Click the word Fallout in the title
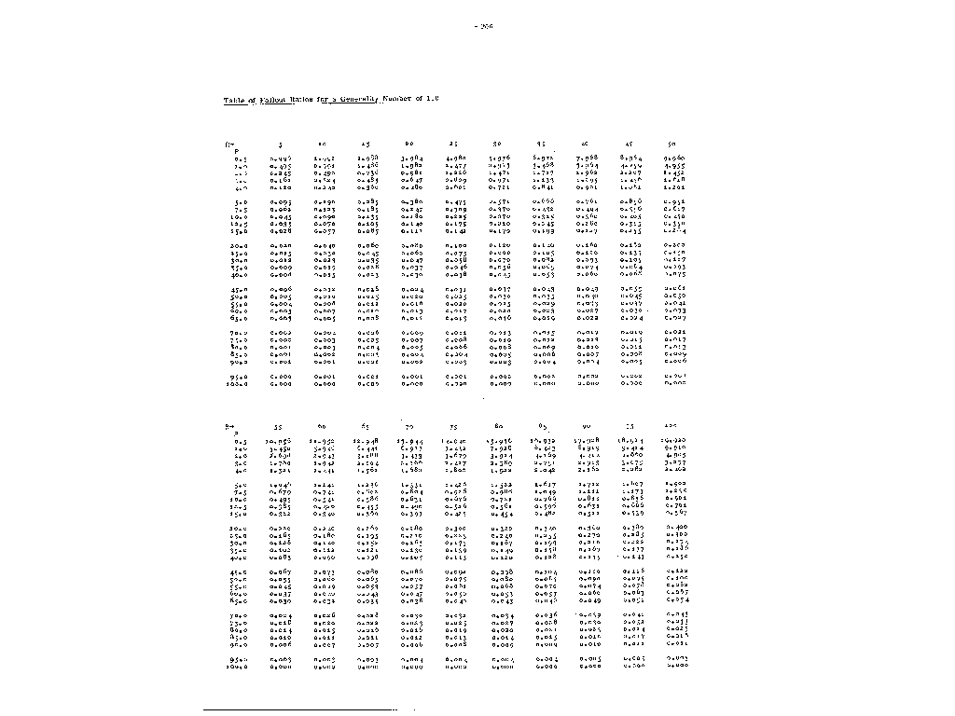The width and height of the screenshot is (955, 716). (x=273, y=99)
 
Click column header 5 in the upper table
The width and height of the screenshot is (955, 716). (x=279, y=145)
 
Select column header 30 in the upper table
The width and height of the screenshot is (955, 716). (x=498, y=145)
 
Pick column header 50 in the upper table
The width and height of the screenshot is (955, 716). (x=673, y=145)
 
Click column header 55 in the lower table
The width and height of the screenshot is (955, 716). (x=279, y=426)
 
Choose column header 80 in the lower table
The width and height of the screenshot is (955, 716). (x=498, y=426)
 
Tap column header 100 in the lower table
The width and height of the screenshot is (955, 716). (x=674, y=426)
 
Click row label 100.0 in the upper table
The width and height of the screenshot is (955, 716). (x=235, y=383)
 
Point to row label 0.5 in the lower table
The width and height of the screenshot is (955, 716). (x=237, y=441)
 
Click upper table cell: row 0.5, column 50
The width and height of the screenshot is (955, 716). (x=673, y=159)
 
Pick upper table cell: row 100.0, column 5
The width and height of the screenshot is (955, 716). (x=279, y=383)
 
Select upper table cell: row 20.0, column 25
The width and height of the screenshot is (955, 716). (x=455, y=245)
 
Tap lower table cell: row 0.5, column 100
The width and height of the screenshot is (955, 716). (x=673, y=441)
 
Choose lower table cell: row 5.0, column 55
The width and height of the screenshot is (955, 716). (x=279, y=485)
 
